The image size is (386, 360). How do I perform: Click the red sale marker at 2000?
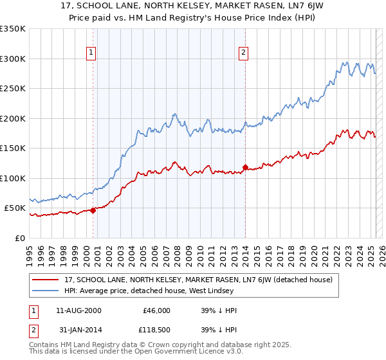pyautogui.click(x=93, y=210)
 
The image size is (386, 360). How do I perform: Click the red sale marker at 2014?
pyautogui.click(x=245, y=167)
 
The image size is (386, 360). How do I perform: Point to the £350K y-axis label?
pyautogui.click(x=13, y=29)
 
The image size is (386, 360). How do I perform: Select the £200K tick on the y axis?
pyautogui.click(x=13, y=118)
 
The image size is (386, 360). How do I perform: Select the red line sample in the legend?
pyautogui.click(x=46, y=280)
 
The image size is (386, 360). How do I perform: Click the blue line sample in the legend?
pyautogui.click(x=46, y=291)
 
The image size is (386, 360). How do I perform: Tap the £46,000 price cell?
pyautogui.click(x=156, y=310)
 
